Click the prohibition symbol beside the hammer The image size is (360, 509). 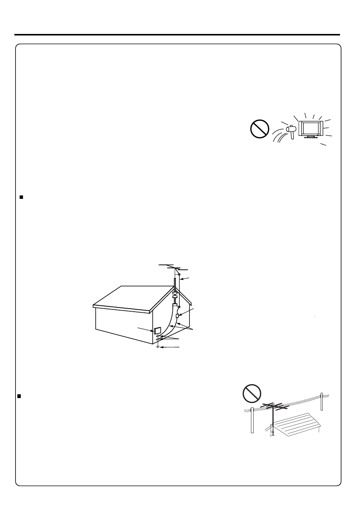click(x=259, y=129)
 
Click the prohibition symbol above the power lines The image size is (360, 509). click(x=252, y=394)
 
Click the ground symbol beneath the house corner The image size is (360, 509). click(x=158, y=346)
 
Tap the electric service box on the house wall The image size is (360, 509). click(x=158, y=331)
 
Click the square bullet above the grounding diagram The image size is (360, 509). click(x=22, y=197)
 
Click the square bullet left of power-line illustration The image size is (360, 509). click(x=19, y=396)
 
